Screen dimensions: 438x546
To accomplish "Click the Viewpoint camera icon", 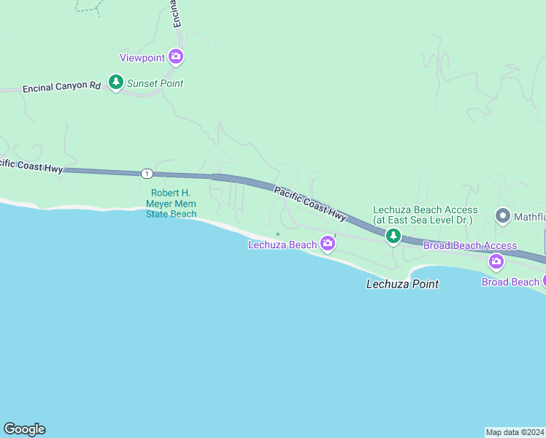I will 175,56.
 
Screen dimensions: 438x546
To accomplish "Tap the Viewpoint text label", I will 143,57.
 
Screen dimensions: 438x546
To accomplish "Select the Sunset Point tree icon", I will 115,82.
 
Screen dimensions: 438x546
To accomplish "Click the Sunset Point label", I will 155,83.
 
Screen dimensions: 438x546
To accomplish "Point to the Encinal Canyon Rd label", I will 61,86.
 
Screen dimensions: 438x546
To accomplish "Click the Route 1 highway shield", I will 147,173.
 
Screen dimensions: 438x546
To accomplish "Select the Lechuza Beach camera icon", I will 328,244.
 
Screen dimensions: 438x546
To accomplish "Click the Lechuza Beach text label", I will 282,245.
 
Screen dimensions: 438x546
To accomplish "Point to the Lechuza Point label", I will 402,284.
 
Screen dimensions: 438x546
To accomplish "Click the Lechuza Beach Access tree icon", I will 393,235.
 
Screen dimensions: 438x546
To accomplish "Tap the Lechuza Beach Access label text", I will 425,215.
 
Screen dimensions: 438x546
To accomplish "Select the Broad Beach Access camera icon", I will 496,261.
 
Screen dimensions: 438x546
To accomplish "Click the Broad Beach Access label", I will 470,246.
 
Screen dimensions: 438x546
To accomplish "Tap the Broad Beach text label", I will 510,282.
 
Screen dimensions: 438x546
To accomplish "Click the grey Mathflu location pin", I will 502,216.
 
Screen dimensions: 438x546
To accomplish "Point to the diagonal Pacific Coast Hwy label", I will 310,204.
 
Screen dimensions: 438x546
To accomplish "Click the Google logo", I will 24,429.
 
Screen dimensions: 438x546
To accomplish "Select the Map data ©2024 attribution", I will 515,431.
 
